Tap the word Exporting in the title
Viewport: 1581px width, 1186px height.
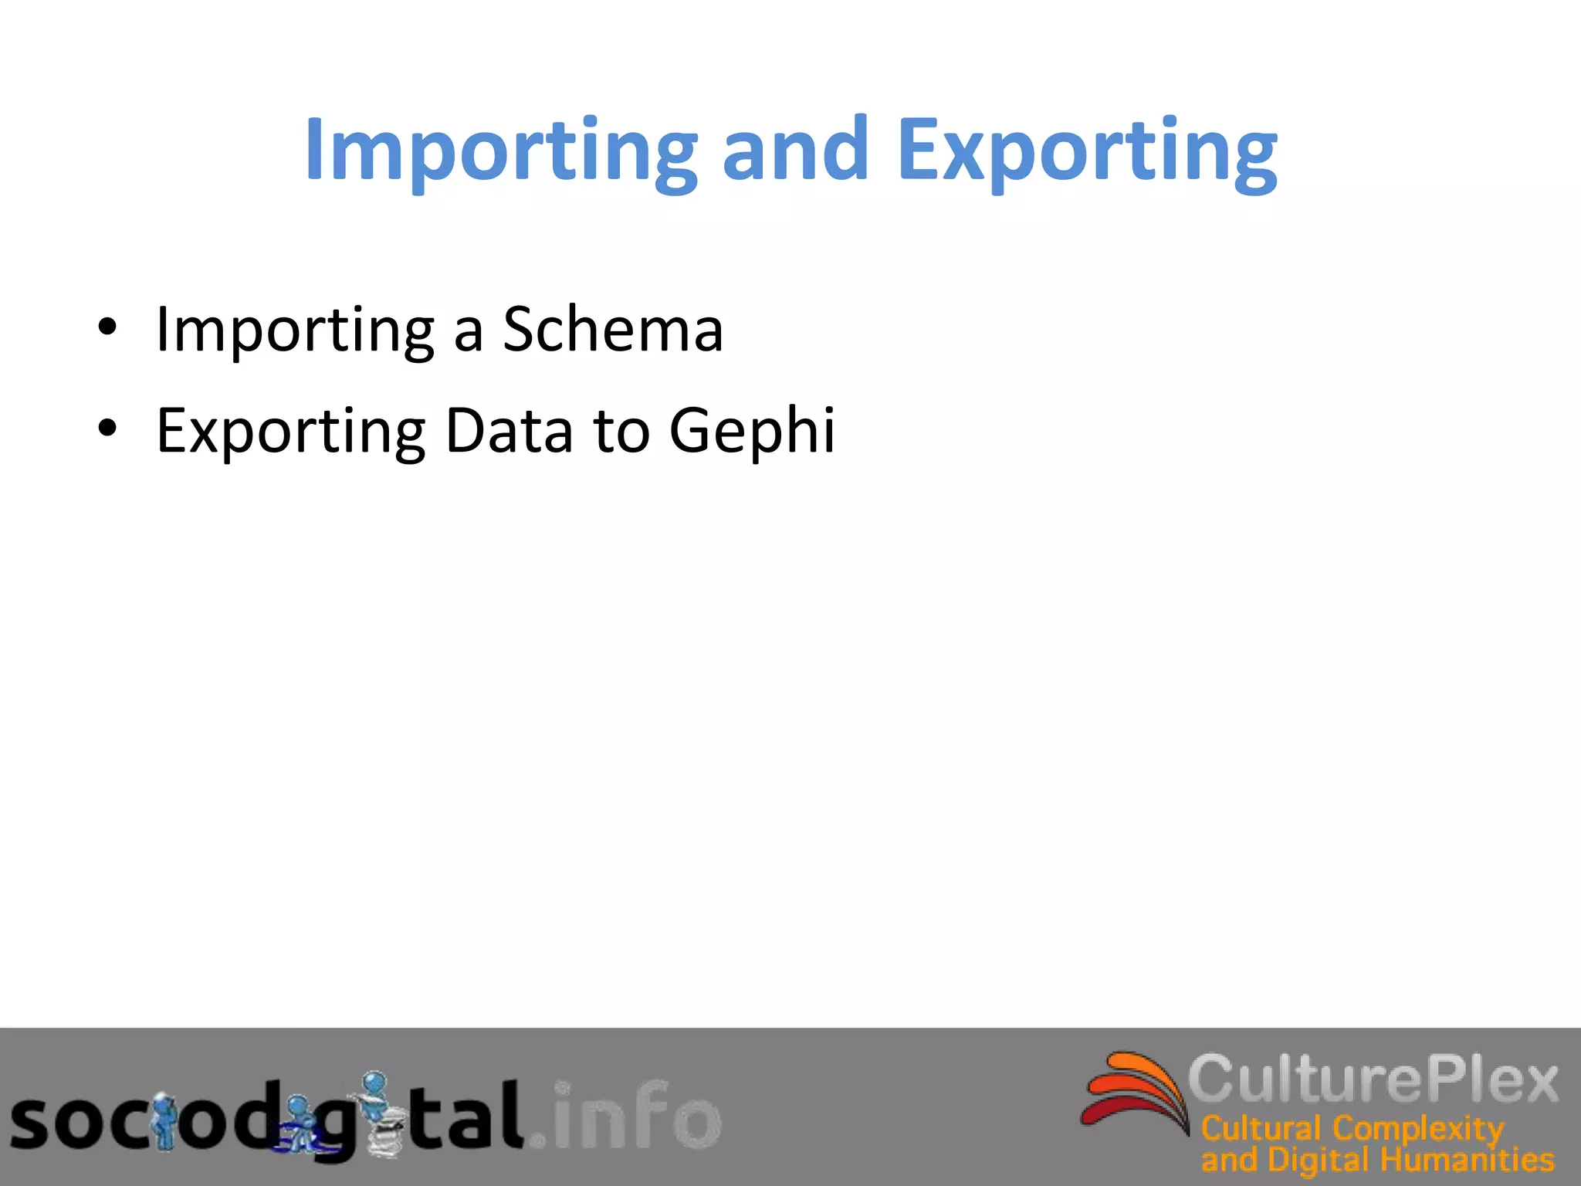[1087, 151]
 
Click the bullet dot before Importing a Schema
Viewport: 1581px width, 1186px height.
[107, 327]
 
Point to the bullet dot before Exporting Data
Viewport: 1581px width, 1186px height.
[107, 428]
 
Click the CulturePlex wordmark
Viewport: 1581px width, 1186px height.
[1373, 1079]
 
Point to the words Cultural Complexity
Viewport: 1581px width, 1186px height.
[1352, 1129]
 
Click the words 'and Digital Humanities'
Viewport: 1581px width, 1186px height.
[1377, 1160]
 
